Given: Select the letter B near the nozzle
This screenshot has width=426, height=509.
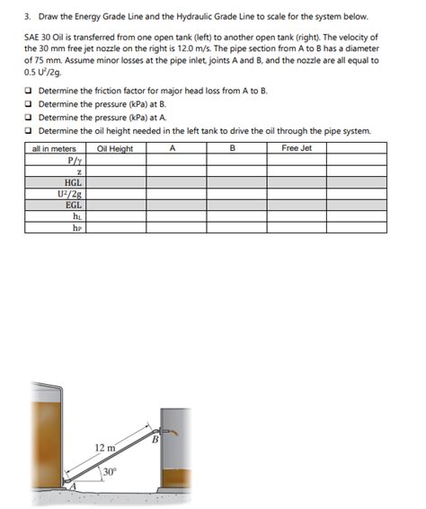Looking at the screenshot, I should click(x=155, y=439).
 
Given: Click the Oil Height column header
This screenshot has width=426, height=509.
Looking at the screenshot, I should click(x=115, y=148).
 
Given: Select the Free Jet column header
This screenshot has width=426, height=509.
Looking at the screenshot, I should click(x=296, y=148).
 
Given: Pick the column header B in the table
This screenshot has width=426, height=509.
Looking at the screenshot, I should click(x=233, y=148).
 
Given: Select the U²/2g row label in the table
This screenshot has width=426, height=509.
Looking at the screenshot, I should click(x=73, y=192).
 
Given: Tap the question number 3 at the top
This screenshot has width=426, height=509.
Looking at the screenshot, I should click(x=27, y=16).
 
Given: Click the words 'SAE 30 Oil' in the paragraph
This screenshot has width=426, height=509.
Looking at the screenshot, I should click(x=44, y=36).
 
